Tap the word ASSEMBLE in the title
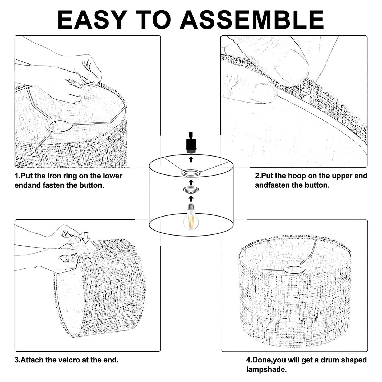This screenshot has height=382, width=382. point(252,20)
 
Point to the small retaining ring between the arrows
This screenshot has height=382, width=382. point(191,190)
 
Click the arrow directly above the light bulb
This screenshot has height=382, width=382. point(191,199)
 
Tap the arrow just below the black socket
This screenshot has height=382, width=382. point(191,159)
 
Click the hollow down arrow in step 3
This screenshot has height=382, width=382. point(86,238)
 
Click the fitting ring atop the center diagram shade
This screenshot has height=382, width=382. point(191,173)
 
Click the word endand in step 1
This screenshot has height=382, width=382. point(27,185)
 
